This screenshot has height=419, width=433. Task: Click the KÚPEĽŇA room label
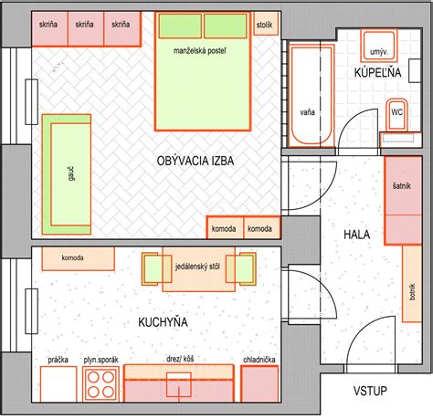click(377, 72)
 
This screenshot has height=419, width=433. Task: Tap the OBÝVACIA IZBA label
click(195, 161)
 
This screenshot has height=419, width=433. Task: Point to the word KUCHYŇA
click(163, 322)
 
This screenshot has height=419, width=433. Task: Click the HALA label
click(357, 235)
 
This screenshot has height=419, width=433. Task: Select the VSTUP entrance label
click(370, 391)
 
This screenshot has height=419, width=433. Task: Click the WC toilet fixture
click(396, 114)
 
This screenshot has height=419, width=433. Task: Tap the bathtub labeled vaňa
click(312, 95)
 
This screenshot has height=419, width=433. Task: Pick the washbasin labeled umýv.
click(379, 46)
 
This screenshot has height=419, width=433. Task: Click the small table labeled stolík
click(266, 24)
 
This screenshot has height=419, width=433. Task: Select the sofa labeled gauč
click(67, 174)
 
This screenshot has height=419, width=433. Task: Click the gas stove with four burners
click(100, 384)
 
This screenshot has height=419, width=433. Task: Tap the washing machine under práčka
click(58, 384)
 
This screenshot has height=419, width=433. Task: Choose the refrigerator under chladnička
click(259, 383)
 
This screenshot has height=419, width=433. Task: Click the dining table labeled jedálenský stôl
click(198, 269)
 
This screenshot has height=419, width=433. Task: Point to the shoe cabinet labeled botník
click(412, 284)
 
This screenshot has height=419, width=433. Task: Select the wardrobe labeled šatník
click(403, 200)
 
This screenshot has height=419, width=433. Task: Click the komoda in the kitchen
click(78, 258)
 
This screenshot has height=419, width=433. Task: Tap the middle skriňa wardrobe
click(86, 28)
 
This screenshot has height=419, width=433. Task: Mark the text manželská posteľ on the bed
click(200, 50)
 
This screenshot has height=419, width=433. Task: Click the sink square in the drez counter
click(179, 384)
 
